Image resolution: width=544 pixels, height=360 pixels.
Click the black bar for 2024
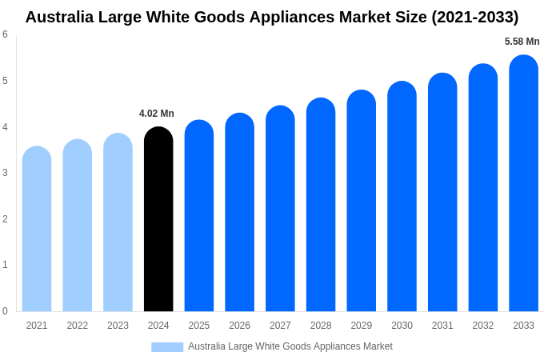coord(158,220)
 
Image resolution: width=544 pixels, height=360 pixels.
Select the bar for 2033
coord(523,184)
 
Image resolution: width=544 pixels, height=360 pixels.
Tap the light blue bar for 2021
coord(37,230)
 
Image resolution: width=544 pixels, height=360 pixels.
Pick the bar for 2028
coord(321,206)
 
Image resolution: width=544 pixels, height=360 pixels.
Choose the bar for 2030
coord(402,197)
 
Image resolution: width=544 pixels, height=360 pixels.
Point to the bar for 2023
coord(118,223)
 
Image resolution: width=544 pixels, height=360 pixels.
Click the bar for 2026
coord(239,213)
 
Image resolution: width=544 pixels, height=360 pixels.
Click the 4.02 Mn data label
coord(157,114)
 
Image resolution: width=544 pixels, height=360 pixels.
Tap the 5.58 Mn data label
coord(522,42)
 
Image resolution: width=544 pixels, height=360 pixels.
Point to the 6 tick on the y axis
coord(5,34)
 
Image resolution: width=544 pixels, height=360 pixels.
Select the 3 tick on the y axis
coord(5,173)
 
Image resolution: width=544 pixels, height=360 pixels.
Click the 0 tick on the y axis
coord(5,311)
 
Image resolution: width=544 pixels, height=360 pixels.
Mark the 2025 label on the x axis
coord(199,326)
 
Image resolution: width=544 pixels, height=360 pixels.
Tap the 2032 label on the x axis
coord(482,326)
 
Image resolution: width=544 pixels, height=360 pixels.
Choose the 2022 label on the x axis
coord(78,326)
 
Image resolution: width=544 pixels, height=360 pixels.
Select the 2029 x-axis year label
coord(361,326)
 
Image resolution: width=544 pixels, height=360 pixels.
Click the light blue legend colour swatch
coord(167,347)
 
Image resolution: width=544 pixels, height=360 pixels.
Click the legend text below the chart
coord(290,346)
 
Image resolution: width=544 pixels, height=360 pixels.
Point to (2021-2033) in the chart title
coord(475,17)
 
